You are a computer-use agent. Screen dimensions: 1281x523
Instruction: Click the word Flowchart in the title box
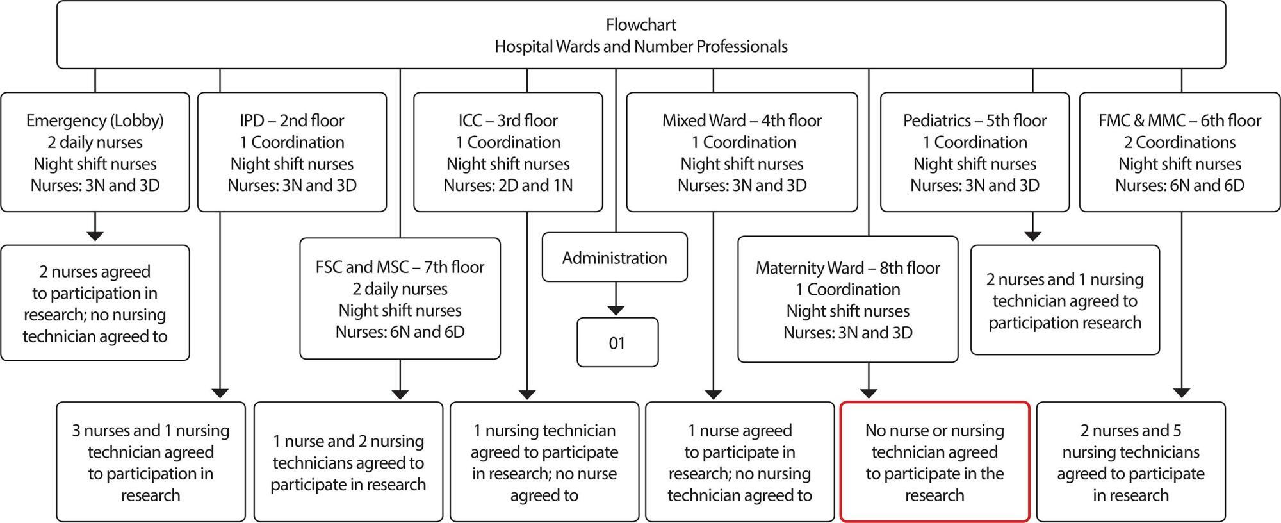(640, 25)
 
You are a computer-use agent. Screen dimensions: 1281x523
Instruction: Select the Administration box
(615, 257)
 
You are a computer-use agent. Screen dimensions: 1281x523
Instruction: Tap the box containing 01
(617, 342)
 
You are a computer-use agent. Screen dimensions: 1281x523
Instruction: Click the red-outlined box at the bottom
(934, 461)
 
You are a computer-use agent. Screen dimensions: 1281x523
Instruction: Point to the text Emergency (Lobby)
(95, 120)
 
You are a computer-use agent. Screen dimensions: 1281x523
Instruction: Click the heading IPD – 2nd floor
(292, 120)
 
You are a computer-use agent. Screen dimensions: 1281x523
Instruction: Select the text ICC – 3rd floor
(508, 120)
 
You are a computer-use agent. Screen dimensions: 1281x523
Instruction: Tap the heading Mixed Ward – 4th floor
(742, 120)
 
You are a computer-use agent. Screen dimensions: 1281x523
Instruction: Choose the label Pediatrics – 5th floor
(975, 120)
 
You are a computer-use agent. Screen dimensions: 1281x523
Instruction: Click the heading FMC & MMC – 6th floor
(1180, 120)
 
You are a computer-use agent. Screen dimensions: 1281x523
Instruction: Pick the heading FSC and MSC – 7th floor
(400, 267)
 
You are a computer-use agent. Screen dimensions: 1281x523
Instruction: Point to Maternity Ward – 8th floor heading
(848, 267)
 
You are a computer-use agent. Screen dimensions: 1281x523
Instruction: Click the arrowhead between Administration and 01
(616, 311)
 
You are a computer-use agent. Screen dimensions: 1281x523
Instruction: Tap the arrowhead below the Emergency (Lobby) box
(95, 236)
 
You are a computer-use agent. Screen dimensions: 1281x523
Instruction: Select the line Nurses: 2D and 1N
(508, 185)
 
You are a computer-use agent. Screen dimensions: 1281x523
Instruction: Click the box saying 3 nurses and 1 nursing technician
(151, 461)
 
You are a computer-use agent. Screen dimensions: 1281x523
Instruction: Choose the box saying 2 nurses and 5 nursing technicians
(1130, 461)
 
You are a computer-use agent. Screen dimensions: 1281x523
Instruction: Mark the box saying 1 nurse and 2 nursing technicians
(348, 461)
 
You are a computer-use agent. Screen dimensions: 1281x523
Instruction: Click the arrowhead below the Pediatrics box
(1032, 236)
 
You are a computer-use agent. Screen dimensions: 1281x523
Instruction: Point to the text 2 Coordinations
(1180, 142)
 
